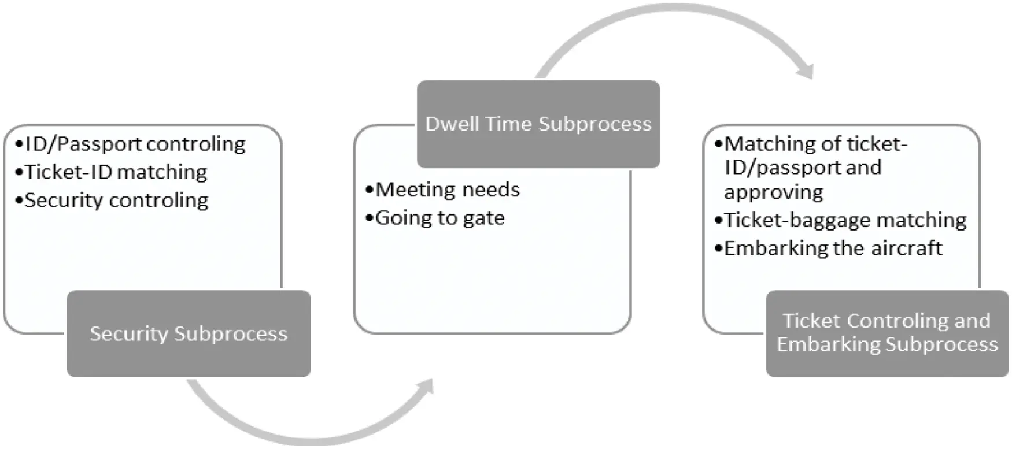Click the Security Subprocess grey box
[x=189, y=333]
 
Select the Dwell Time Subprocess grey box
[x=538, y=124]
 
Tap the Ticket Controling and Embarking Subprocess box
[x=887, y=333]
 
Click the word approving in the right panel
[x=774, y=192]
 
